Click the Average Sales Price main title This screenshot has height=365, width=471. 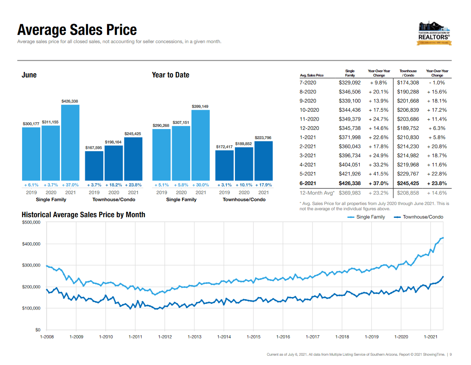click(x=77, y=30)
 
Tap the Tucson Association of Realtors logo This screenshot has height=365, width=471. click(x=434, y=33)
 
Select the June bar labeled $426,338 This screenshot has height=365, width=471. click(x=70, y=142)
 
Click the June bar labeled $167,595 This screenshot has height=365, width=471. click(x=94, y=166)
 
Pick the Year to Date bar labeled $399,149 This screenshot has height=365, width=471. click(x=200, y=145)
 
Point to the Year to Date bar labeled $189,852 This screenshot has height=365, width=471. click(x=244, y=164)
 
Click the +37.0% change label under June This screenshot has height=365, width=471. click(x=70, y=185)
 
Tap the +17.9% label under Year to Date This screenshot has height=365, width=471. click(x=263, y=185)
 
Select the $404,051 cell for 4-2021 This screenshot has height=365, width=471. click(x=350, y=165)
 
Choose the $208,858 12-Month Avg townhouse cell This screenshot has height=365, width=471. click(x=408, y=193)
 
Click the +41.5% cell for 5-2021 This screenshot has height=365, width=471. click(x=378, y=174)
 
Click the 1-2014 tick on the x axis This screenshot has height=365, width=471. click(x=224, y=337)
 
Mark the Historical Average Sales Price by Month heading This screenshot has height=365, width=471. click(x=83, y=215)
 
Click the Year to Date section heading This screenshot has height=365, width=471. click(x=171, y=75)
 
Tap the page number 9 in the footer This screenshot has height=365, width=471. click(x=451, y=355)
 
